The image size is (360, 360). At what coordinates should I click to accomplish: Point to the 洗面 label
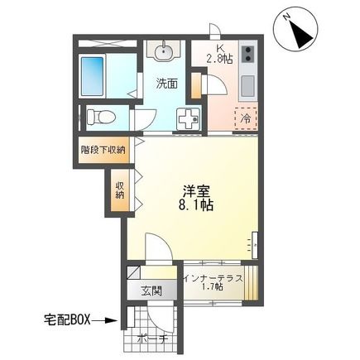(169, 83)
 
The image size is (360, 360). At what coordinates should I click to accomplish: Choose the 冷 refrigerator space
(246, 118)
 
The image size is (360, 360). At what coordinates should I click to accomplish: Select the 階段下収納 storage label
(103, 150)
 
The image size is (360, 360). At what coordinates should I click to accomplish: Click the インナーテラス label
(214, 278)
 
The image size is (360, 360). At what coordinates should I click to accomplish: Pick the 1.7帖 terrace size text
(214, 290)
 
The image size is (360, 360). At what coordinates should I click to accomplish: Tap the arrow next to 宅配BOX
(106, 319)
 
